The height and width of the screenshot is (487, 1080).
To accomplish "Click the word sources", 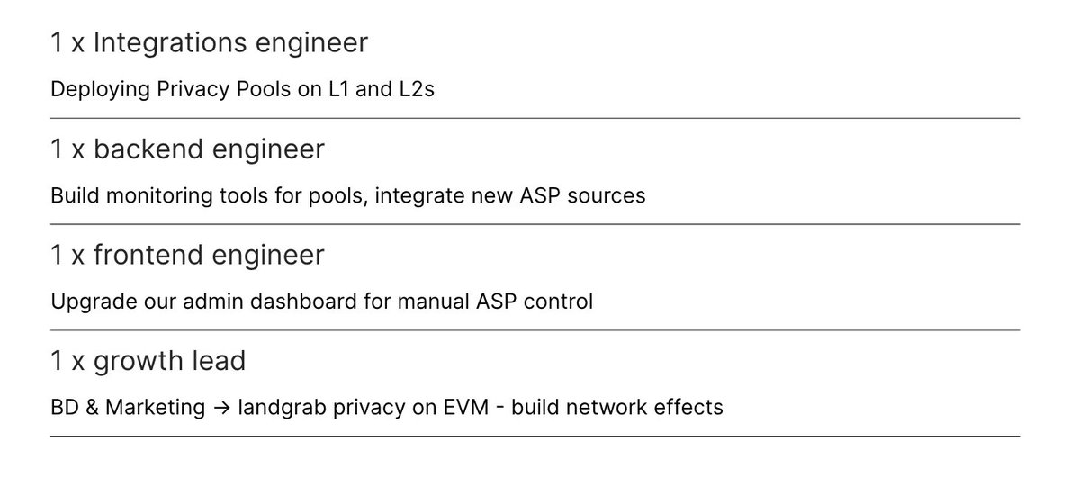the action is (609, 195).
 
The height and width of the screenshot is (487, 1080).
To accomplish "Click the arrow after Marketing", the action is (222, 408).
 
